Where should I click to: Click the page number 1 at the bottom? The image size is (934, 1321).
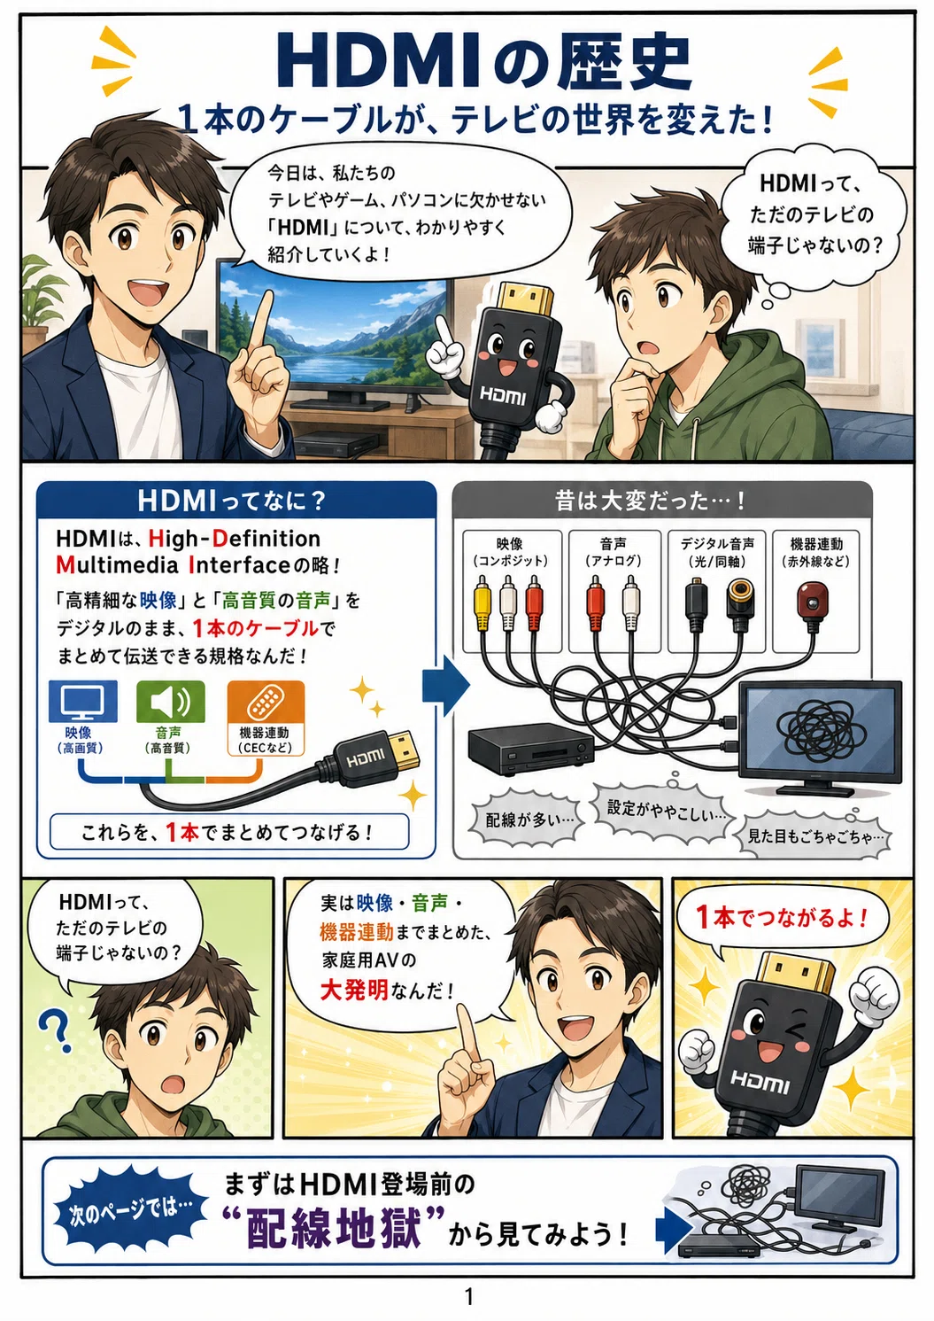point(469,1296)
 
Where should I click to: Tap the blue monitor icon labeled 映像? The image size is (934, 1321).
point(82,701)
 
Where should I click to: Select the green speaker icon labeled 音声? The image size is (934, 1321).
point(170,701)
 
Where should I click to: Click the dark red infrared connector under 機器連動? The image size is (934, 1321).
point(812,604)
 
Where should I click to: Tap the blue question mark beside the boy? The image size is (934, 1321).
point(56,1031)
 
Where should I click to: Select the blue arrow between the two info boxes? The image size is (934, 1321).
point(446,686)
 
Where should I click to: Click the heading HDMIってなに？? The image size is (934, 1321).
point(232,501)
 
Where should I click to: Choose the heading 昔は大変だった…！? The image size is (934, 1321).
point(651,501)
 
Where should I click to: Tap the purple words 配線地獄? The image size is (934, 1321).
point(335,1228)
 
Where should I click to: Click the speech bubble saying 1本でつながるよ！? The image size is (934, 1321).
point(782,921)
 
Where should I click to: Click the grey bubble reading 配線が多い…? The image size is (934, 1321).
point(529,820)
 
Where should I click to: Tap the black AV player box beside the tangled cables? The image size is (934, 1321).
point(531,749)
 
